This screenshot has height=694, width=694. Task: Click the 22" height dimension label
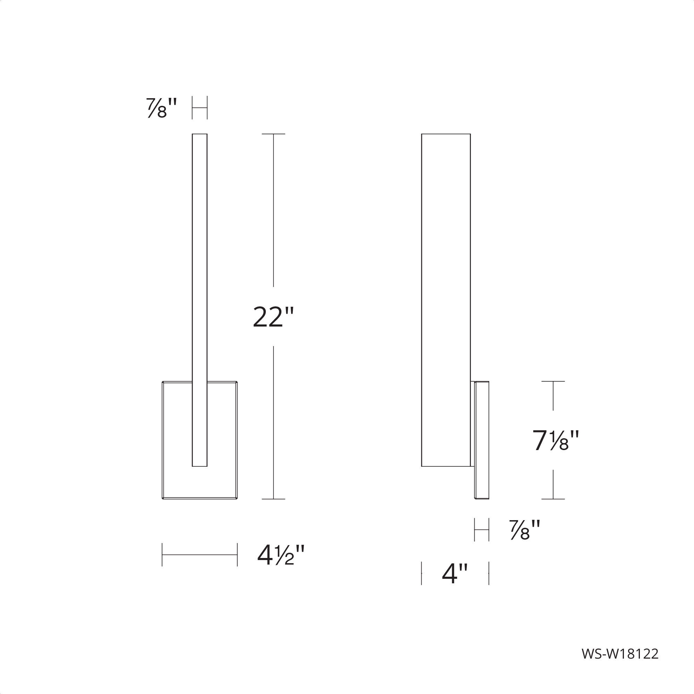click(273, 317)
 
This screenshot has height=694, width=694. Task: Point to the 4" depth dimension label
click(455, 574)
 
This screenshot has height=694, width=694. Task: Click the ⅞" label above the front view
click(161, 108)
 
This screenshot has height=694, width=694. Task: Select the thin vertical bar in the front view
click(200, 252)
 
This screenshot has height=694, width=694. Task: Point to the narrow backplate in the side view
click(482, 440)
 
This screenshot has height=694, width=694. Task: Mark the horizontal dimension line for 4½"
click(200, 555)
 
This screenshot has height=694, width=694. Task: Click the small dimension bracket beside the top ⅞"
click(200, 108)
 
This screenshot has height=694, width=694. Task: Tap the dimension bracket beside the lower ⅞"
click(481, 530)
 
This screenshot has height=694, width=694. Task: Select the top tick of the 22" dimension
click(273, 134)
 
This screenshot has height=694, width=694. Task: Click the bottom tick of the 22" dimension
click(273, 499)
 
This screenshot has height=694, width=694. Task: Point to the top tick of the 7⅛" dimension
click(553, 381)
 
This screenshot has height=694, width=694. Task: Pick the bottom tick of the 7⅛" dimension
click(553, 499)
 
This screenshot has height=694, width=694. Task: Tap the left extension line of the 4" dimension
click(421, 574)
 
